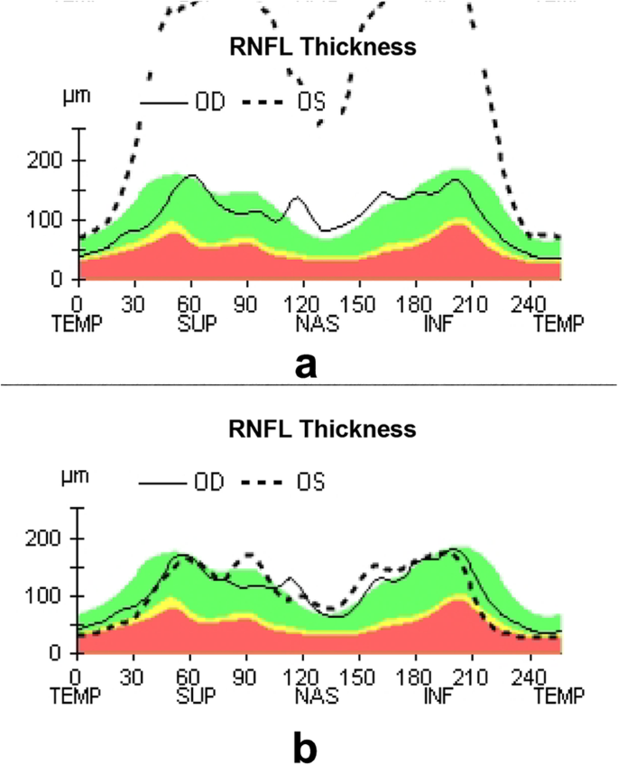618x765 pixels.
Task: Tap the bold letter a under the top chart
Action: click(308, 364)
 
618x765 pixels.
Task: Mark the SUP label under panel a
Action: click(196, 322)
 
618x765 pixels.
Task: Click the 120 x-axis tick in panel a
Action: click(310, 304)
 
